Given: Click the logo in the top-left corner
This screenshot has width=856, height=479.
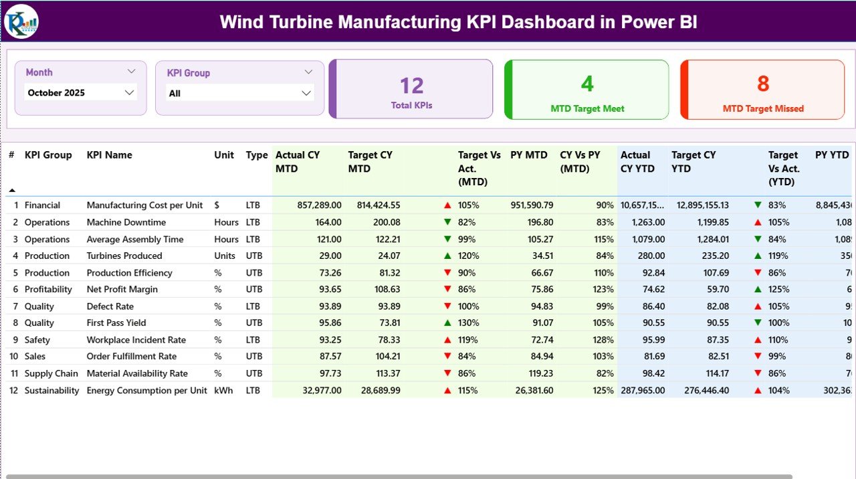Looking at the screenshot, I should (x=21, y=21).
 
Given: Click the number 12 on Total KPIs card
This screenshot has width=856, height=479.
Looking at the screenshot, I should (x=412, y=86).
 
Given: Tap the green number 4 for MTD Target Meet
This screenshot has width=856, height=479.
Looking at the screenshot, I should (x=586, y=84).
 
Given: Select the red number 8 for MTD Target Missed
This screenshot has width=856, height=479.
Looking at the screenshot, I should (x=763, y=84).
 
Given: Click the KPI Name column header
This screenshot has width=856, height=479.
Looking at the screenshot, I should (x=109, y=155).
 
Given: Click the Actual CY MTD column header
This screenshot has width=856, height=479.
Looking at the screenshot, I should (x=298, y=162).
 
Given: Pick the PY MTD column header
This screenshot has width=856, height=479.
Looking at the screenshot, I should (x=528, y=155).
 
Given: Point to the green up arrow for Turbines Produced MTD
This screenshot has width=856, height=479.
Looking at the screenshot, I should (x=447, y=256).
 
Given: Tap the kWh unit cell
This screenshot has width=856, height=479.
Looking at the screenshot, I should (x=223, y=391).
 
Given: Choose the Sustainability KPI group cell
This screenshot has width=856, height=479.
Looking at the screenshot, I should (x=51, y=391).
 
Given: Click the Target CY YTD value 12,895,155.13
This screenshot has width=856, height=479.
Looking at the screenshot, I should (x=700, y=205).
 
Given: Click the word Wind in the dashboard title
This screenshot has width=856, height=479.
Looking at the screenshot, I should (x=241, y=22).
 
